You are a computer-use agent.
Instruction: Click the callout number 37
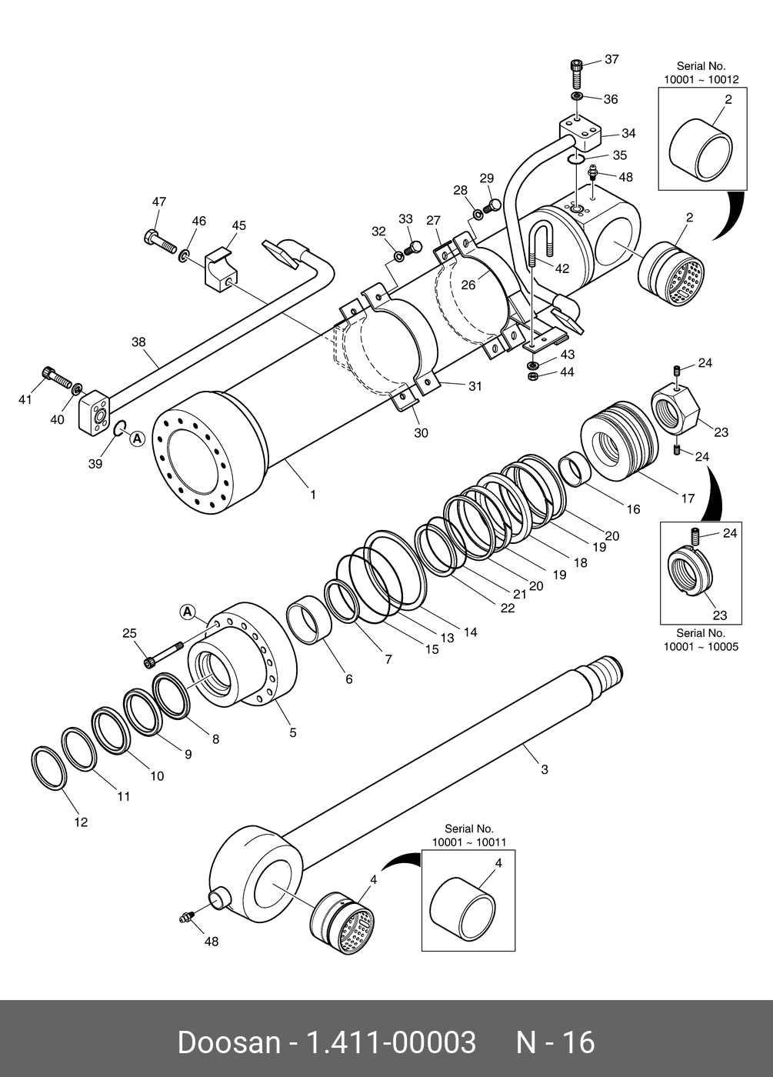(611, 59)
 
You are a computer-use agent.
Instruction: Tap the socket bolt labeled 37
(576, 72)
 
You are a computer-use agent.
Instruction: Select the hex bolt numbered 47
(160, 242)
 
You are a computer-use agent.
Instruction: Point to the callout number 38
(138, 342)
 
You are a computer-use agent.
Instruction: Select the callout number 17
(688, 498)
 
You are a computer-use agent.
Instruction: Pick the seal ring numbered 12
(49, 769)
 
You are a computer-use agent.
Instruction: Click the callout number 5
(293, 732)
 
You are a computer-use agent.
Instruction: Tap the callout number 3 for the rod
(545, 769)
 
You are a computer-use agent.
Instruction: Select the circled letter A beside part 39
(138, 438)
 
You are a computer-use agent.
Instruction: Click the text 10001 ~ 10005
(701, 647)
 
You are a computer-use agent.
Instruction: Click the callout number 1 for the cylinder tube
(313, 494)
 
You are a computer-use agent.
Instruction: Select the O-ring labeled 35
(576, 159)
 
